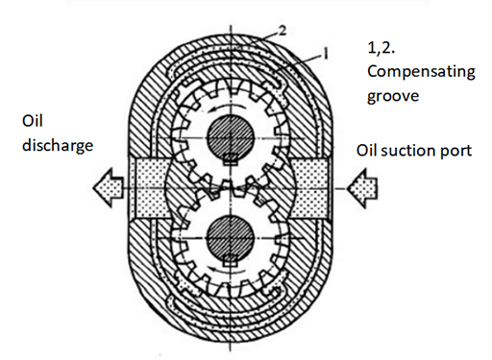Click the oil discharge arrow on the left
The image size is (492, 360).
click(106, 182)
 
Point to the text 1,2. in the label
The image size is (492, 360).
click(381, 46)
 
